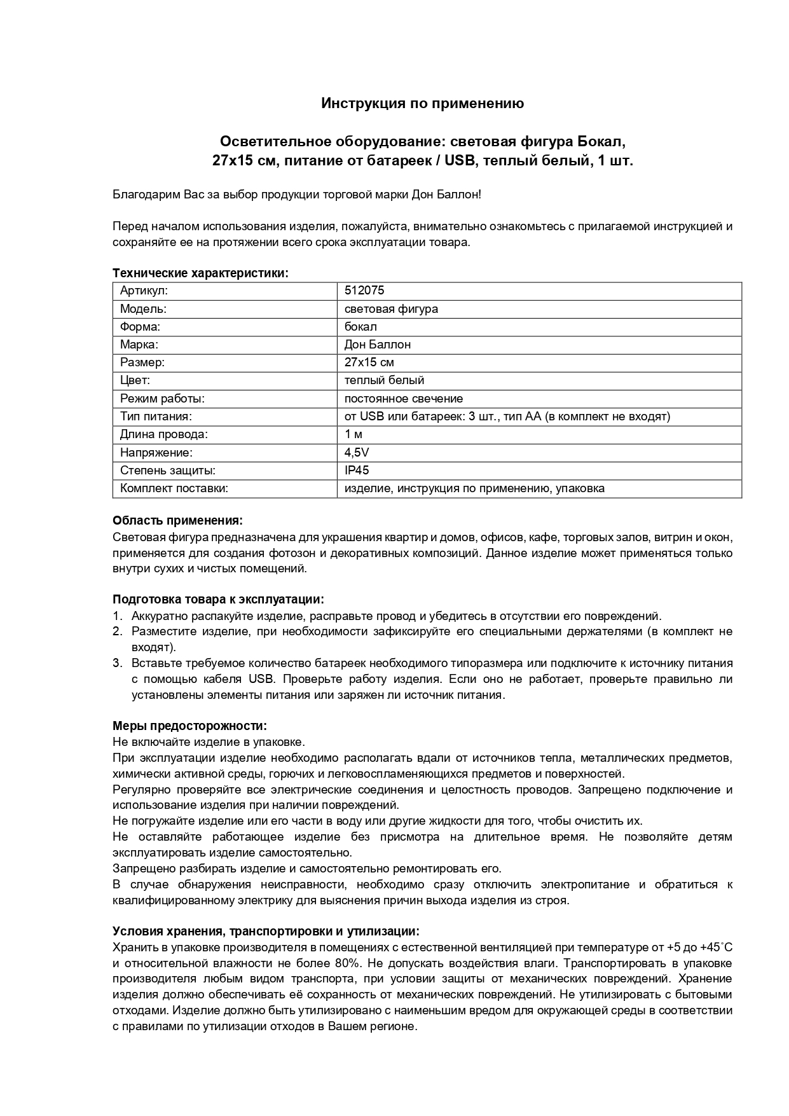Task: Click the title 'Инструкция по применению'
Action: click(422, 103)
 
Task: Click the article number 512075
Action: click(364, 291)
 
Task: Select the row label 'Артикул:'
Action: click(144, 291)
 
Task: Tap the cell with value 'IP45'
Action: click(356, 471)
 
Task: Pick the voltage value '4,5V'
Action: click(356, 453)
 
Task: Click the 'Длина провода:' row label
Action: click(164, 434)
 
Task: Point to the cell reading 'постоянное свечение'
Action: click(403, 399)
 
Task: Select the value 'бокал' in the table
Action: click(360, 327)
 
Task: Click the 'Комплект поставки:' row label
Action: click(174, 488)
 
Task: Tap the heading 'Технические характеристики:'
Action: click(200, 273)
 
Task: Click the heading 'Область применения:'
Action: click(177, 521)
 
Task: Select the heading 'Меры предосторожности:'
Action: click(189, 726)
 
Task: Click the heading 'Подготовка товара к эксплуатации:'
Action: click(218, 600)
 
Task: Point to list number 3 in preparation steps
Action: click(117, 663)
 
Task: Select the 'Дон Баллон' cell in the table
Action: click(377, 345)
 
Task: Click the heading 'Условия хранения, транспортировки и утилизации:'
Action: click(266, 932)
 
